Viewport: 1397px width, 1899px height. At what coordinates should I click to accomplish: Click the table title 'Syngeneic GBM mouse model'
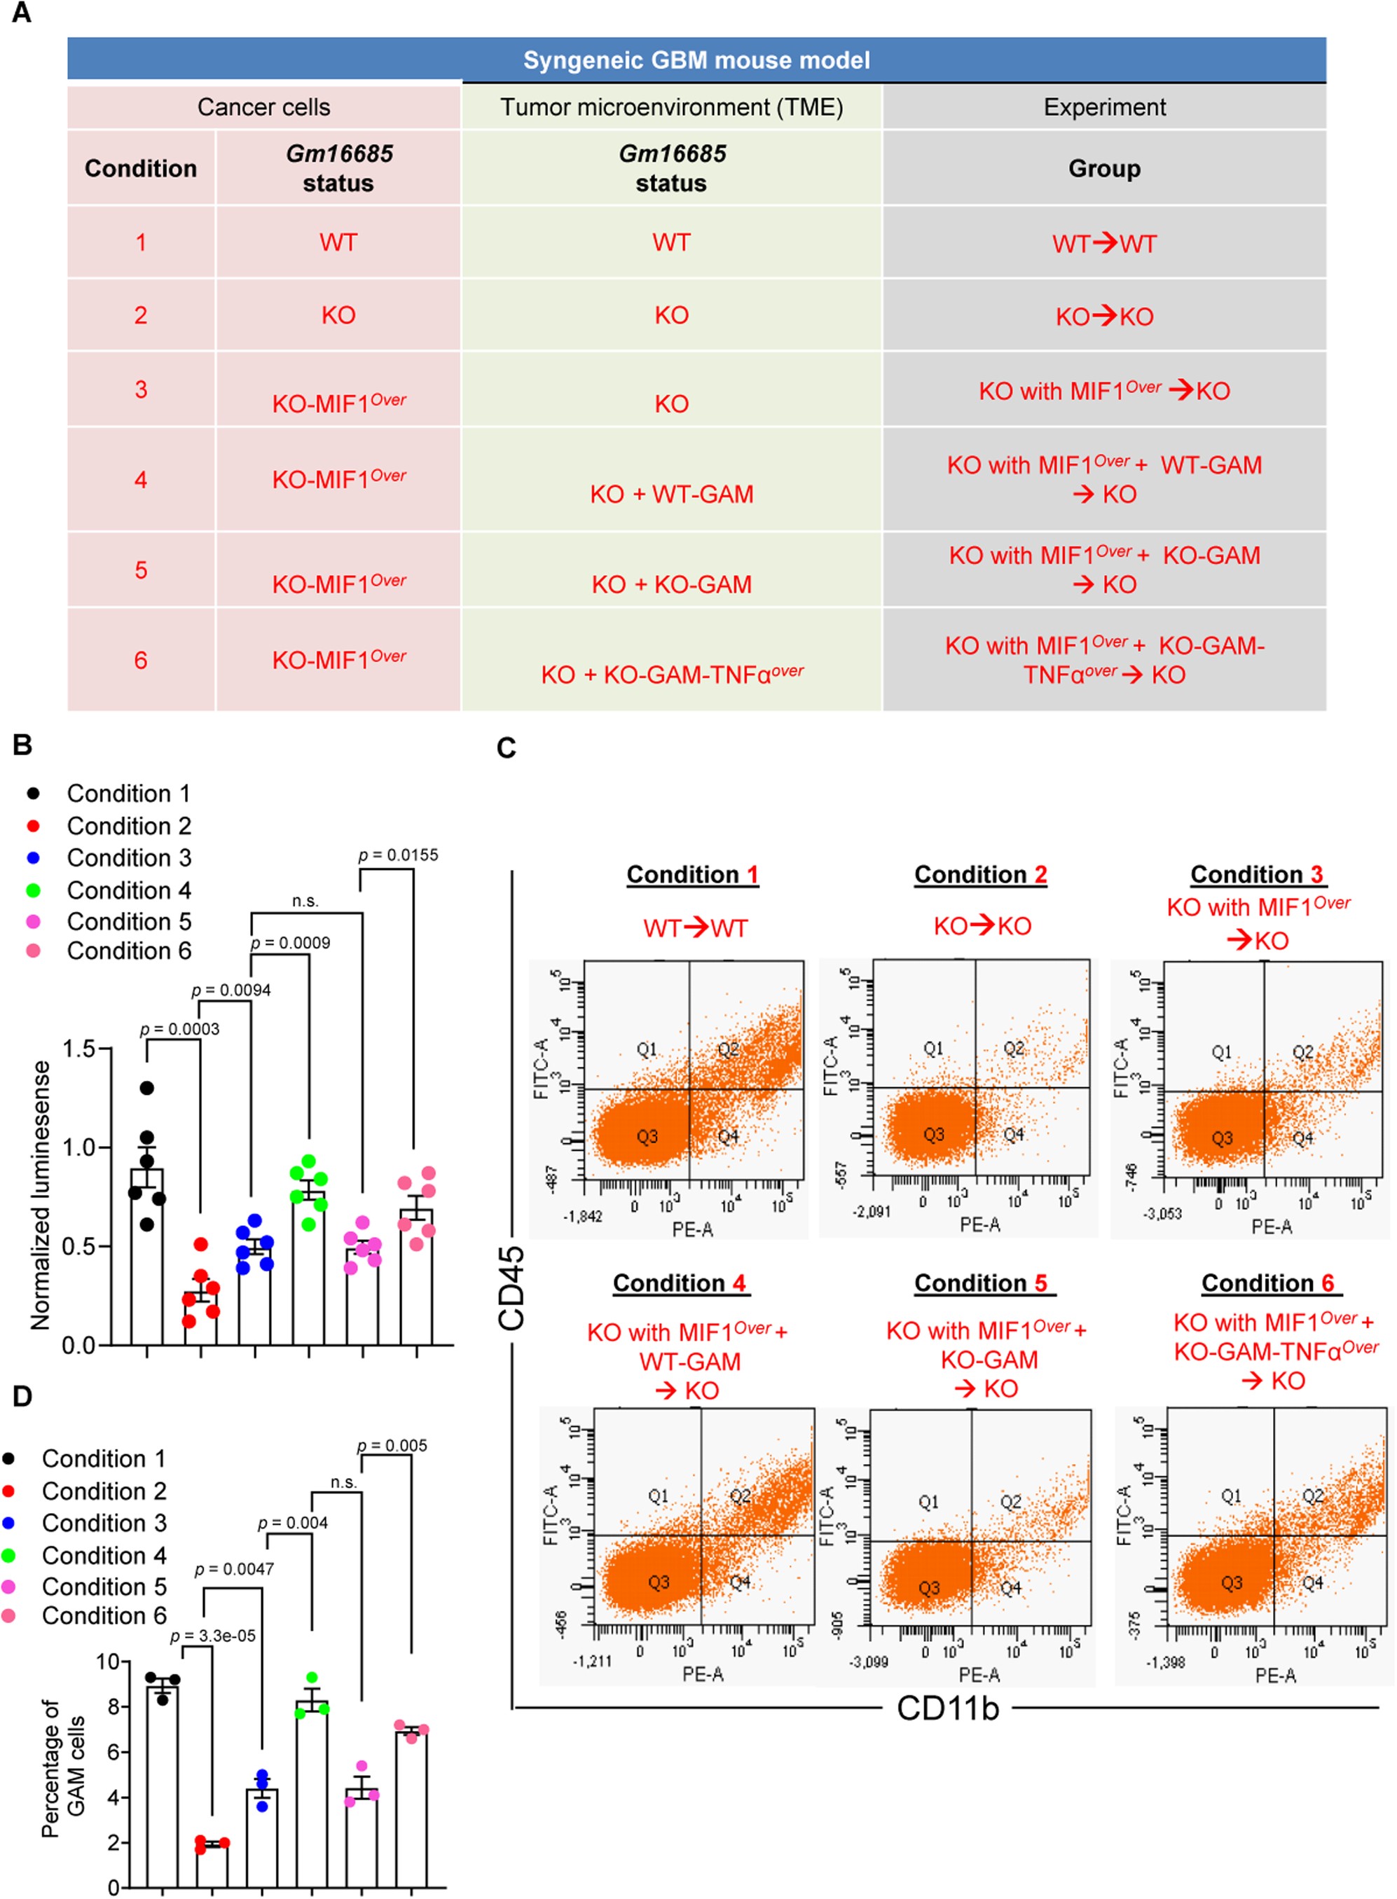(696, 60)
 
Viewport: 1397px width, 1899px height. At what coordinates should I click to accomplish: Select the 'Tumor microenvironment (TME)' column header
(671, 107)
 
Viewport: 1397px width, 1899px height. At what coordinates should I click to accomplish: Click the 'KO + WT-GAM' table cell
(671, 494)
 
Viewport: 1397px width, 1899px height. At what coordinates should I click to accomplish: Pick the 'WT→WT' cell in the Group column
(1103, 244)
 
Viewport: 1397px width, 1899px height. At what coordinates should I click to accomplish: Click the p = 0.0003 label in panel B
(179, 1029)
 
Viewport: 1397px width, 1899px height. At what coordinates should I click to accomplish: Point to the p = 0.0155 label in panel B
(399, 855)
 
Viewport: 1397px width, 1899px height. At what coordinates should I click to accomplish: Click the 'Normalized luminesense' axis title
(40, 1196)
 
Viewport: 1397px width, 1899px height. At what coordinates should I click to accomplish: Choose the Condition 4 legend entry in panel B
(128, 890)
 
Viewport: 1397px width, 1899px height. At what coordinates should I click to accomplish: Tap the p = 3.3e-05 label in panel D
(213, 1636)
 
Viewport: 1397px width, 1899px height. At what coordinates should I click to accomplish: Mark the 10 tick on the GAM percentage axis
(107, 1662)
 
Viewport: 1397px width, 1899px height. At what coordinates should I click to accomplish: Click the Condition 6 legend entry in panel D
(103, 1616)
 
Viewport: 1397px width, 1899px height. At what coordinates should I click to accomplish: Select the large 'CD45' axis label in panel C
(511, 1287)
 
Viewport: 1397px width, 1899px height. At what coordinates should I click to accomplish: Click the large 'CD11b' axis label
(947, 1708)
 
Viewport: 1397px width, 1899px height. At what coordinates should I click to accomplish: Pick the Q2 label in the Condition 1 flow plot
(728, 1049)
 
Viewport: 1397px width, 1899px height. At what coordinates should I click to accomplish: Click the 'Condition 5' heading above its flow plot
(980, 1283)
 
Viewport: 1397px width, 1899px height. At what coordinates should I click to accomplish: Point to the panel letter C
(506, 748)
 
